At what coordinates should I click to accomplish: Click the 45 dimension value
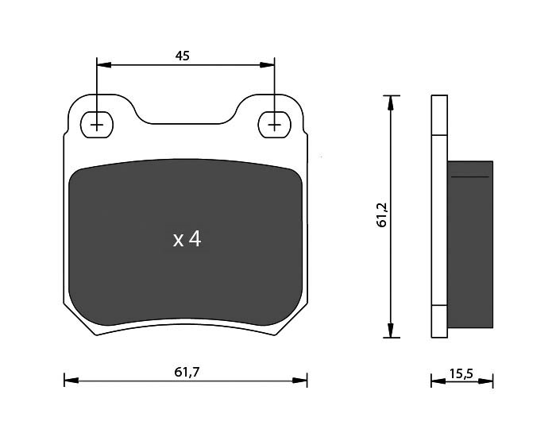pos(183,56)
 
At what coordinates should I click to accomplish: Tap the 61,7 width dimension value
pos(187,372)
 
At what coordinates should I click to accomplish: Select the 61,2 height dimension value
pos(383,215)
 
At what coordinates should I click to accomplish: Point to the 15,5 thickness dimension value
pos(461,373)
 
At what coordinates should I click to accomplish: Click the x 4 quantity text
pos(187,240)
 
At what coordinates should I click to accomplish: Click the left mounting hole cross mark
pos(96,126)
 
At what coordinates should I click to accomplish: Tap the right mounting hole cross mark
pos(274,126)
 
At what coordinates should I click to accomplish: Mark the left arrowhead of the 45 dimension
pos(104,65)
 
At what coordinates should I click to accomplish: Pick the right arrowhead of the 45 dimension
pos(267,65)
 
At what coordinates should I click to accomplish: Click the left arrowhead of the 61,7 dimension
pos(71,381)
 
